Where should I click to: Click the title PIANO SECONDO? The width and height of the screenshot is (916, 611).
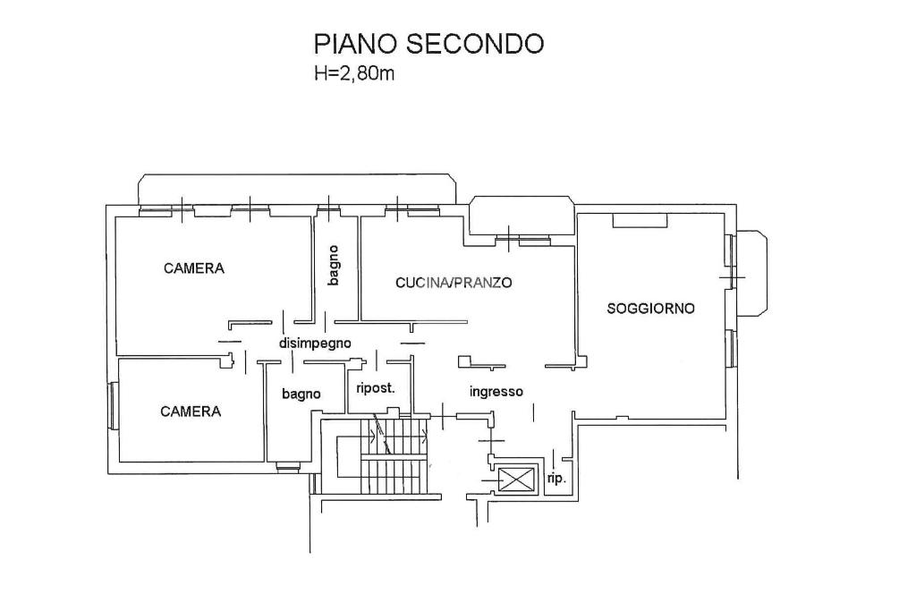click(428, 44)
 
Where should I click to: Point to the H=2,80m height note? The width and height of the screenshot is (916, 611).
click(354, 74)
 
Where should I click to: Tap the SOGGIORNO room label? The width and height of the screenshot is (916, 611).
click(650, 309)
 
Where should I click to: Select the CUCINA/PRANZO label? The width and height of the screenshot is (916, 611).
click(454, 283)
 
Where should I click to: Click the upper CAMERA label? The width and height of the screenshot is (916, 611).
click(194, 268)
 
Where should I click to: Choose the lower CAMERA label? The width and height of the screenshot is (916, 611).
click(191, 412)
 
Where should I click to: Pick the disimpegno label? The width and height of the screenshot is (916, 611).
click(315, 343)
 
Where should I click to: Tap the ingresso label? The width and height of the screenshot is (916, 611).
click(496, 391)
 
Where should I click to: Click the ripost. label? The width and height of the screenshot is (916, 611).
click(376, 388)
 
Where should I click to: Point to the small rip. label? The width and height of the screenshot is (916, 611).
click(556, 479)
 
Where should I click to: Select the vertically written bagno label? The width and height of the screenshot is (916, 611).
click(334, 266)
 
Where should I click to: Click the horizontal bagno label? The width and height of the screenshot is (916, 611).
click(301, 395)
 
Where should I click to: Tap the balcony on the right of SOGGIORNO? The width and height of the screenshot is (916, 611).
click(751, 274)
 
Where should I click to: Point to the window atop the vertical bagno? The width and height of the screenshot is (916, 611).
click(331, 208)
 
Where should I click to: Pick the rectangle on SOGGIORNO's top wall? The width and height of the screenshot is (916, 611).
click(640, 220)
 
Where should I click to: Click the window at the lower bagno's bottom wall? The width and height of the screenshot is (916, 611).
click(287, 467)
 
